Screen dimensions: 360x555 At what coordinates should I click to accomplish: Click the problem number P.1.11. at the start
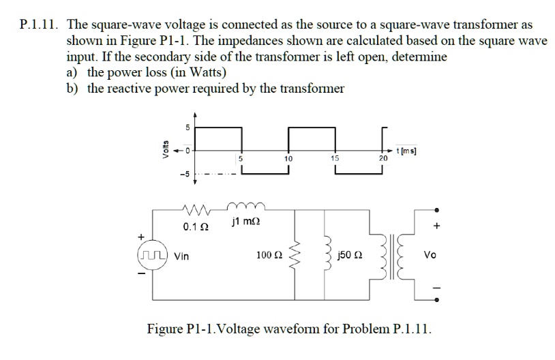(x=37, y=25)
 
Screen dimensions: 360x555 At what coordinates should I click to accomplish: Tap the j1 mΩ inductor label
(x=245, y=221)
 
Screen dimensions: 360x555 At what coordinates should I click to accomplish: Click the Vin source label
(x=182, y=256)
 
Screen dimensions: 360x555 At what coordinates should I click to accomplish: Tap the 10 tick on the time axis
(x=288, y=158)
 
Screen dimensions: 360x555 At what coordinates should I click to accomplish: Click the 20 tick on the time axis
(x=383, y=158)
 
